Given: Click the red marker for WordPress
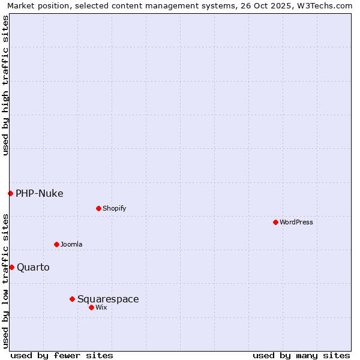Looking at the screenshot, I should tap(275, 222).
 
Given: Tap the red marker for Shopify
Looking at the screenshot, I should tap(98, 208).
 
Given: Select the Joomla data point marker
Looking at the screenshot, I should tap(56, 244).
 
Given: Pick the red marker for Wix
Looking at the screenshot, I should tap(91, 307).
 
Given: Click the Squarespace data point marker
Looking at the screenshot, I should tap(72, 299).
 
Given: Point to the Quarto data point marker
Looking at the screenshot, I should tap(11, 267).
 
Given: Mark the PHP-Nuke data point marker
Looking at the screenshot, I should tap(10, 193).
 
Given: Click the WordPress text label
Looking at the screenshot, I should tap(296, 222).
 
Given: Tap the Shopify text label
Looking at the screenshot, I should tap(114, 208).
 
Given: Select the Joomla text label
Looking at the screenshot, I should tap(71, 244).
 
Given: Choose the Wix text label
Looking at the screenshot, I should tap(101, 307).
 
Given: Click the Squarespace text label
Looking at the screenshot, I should tap(108, 299).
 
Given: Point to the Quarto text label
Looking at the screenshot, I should tap(33, 267).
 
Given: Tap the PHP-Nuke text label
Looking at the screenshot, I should tap(39, 193).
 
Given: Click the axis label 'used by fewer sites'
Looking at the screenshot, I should tap(62, 355).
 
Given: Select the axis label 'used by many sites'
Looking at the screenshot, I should tap(301, 355).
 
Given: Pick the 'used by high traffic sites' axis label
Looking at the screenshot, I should tap(6, 85).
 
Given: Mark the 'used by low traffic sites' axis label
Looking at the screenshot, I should tap(6, 281).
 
